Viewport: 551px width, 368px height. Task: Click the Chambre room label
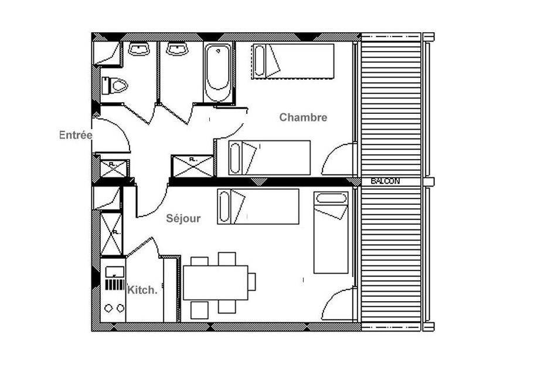tap(303, 117)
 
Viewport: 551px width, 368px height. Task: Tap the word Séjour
tap(183, 218)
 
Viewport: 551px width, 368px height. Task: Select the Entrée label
tap(76, 135)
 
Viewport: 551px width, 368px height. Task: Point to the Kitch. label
tap(142, 291)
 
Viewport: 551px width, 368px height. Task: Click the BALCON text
tap(386, 181)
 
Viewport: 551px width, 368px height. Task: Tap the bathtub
tap(218, 72)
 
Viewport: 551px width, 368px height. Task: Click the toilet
tap(114, 86)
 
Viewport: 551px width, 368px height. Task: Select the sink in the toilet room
tap(139, 49)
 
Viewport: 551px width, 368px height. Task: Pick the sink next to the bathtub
tap(178, 49)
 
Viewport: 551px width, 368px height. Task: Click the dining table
tap(215, 282)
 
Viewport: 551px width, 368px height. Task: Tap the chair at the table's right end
tap(251, 282)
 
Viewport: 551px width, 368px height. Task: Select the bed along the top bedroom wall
tap(292, 61)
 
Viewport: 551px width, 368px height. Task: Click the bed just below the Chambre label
tap(269, 158)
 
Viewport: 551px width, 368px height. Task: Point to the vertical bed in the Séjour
tap(331, 232)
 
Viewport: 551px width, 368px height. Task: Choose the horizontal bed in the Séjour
tap(258, 207)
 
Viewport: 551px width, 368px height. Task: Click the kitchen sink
tap(115, 272)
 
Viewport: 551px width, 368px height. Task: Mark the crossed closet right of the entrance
tap(114, 168)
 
